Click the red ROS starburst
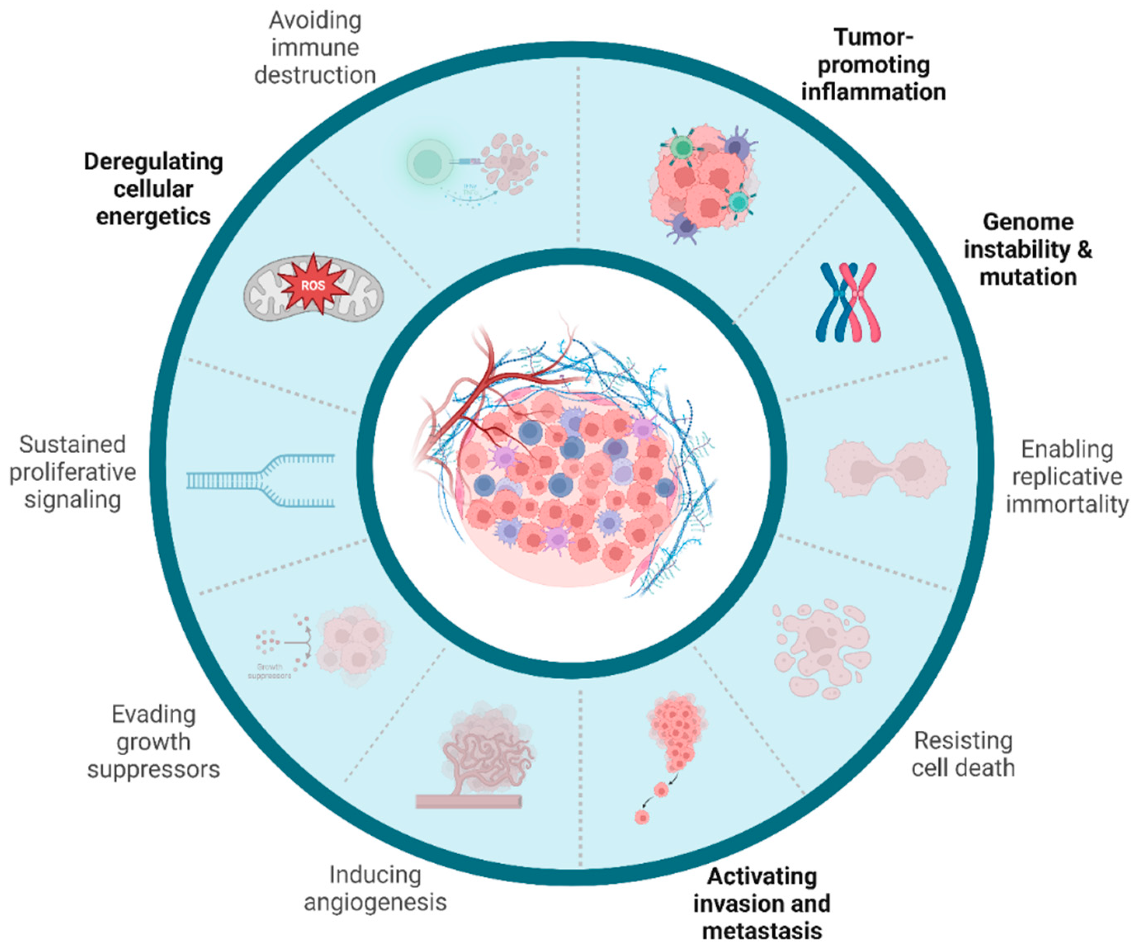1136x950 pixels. pos(313,285)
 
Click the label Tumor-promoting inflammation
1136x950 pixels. pos(873,64)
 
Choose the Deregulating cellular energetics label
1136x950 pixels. pos(154,189)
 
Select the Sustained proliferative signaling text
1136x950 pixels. pos(73,472)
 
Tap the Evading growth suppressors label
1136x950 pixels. pos(154,742)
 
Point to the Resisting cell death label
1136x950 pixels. pos(963,754)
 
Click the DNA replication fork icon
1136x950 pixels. pos(261,480)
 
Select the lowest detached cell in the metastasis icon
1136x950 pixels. pos(642,817)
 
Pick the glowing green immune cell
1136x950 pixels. pos(428,161)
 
